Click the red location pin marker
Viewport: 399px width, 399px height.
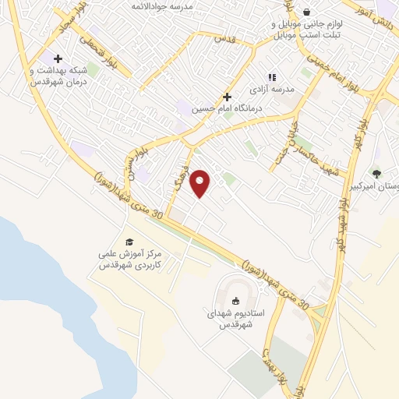pos(201,183)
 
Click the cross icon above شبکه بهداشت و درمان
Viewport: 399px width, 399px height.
pos(58,58)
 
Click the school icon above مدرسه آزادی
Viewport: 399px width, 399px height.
pos(271,77)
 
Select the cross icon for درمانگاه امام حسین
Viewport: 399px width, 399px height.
pos(227,97)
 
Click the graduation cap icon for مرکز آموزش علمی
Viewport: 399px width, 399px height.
pos(129,242)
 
